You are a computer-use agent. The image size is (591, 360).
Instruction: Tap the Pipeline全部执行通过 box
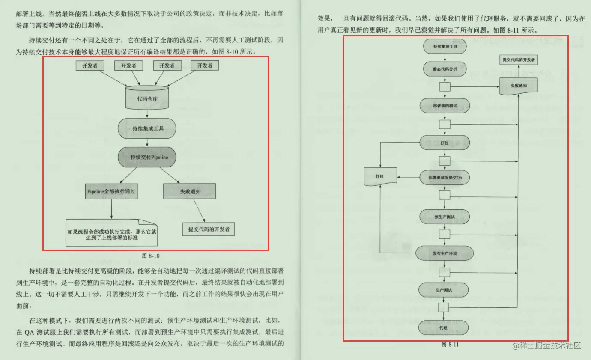click(x=111, y=191)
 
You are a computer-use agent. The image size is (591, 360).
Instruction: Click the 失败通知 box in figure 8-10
click(x=188, y=191)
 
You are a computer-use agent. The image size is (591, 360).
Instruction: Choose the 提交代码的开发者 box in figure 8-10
click(x=209, y=229)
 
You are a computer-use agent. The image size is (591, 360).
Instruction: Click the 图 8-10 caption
click(x=150, y=256)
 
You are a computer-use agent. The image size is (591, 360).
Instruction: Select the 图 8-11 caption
click(x=450, y=344)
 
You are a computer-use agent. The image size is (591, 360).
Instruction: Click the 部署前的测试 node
click(x=445, y=105)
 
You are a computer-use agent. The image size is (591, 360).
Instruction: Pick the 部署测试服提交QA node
click(x=445, y=178)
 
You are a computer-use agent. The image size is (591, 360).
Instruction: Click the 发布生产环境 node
click(x=445, y=253)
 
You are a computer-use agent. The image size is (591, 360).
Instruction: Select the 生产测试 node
click(x=444, y=290)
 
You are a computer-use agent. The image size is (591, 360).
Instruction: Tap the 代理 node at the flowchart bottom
click(x=444, y=327)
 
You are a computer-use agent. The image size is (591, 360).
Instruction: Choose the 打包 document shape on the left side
click(x=379, y=176)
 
